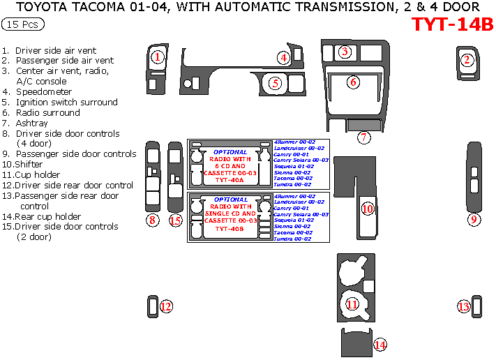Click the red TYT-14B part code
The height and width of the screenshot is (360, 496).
point(452,24)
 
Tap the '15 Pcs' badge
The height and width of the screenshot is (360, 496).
point(23,24)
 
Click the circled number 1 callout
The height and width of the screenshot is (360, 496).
point(158,57)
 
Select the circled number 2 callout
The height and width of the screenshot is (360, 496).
point(467,59)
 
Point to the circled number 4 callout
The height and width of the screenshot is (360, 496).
point(284,57)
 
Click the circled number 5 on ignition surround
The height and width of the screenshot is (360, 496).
point(276,83)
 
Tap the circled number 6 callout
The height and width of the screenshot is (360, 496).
point(354,82)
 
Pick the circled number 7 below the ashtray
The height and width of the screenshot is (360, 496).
point(364,137)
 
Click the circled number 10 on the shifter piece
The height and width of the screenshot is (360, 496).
point(367,209)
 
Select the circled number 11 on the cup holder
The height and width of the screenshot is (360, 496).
point(352,304)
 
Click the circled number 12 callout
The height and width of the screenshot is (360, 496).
point(166,306)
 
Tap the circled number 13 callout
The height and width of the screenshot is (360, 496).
point(464,306)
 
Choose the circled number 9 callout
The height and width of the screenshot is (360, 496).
point(474,220)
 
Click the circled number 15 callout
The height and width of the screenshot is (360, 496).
point(175,220)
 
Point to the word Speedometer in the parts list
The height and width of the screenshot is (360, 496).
point(44,91)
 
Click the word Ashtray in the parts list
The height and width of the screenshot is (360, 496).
point(32,123)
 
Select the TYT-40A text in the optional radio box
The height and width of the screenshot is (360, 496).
point(230,179)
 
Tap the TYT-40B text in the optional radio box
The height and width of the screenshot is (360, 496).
point(230,228)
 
